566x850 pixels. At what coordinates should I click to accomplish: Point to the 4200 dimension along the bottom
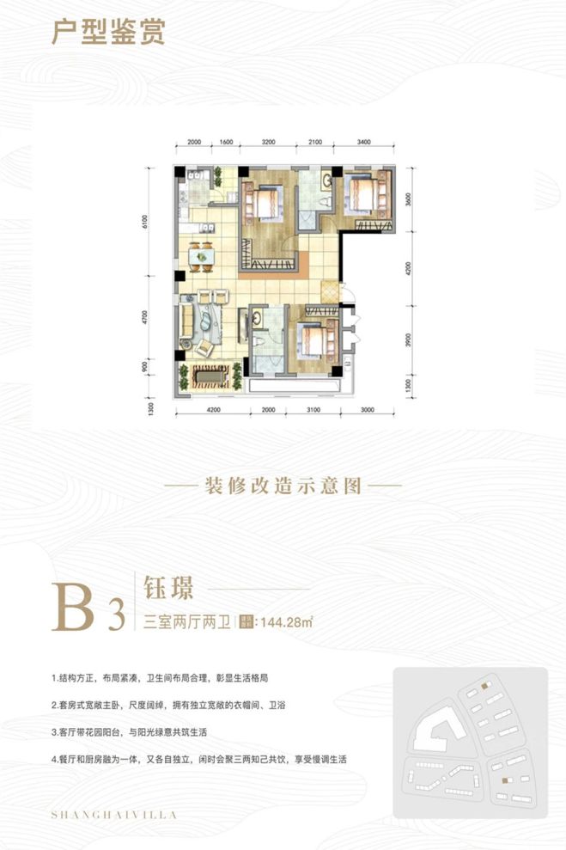[214, 411]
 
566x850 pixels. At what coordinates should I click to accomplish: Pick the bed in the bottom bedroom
[314, 340]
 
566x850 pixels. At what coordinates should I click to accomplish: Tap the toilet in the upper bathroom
[320, 199]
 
